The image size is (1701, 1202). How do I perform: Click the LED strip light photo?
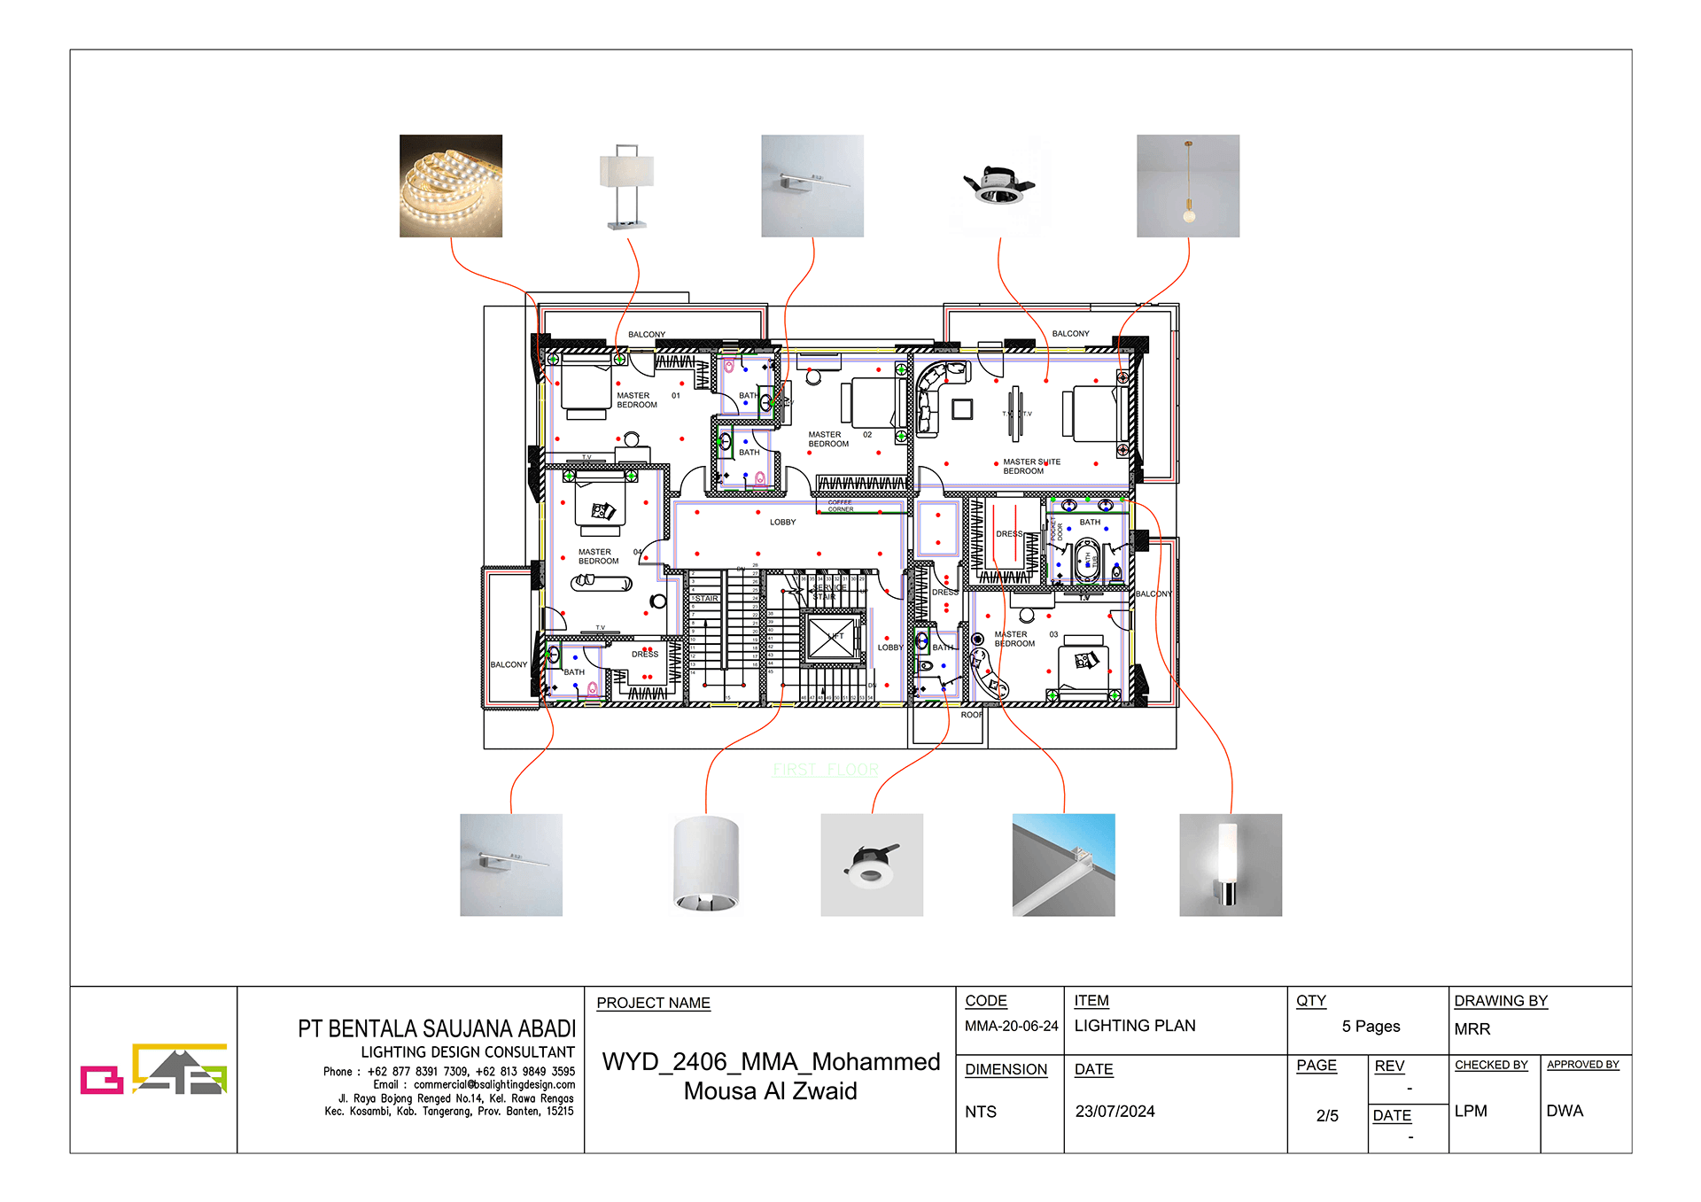[x=450, y=186]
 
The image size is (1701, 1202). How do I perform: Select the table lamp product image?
[x=626, y=187]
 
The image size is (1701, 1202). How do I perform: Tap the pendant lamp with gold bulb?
[x=1187, y=186]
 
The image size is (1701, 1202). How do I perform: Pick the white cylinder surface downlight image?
[x=705, y=865]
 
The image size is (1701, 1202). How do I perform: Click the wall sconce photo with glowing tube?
[x=1230, y=865]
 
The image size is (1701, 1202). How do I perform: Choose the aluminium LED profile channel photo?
[x=1063, y=865]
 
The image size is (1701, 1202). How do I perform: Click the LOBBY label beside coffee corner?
[x=782, y=523]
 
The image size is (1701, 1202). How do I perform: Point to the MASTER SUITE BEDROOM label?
[x=1030, y=467]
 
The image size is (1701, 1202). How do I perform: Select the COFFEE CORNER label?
[x=840, y=506]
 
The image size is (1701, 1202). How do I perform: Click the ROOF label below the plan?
[x=972, y=715]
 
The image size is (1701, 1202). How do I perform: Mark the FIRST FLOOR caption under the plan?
[x=825, y=770]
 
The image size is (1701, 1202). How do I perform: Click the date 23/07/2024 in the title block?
[x=1115, y=1112]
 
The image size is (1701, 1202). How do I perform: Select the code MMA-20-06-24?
[x=1011, y=1026]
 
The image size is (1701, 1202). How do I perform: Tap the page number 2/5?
[x=1326, y=1116]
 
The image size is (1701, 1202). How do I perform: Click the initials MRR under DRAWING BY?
[x=1472, y=1029]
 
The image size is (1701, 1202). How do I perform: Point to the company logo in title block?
[x=153, y=1069]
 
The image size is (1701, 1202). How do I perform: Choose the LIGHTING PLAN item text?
[x=1134, y=1026]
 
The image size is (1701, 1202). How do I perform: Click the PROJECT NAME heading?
[x=653, y=1003]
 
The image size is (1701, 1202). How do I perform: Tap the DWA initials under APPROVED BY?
[x=1564, y=1111]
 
